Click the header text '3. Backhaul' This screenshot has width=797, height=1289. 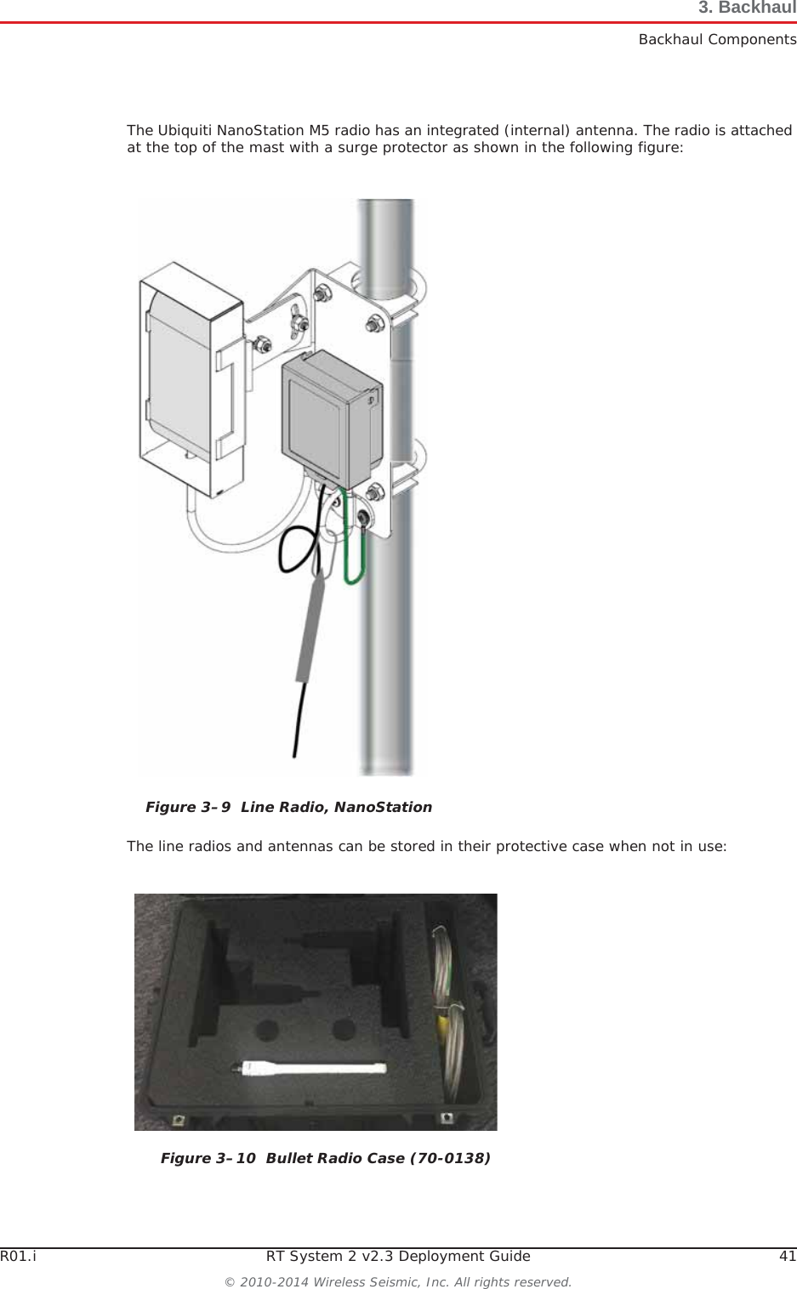pos(746,9)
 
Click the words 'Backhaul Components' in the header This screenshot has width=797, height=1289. pos(717,39)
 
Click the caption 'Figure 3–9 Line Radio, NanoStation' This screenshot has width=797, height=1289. pos(288,807)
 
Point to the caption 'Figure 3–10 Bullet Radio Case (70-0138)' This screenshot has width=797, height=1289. pos(325,1158)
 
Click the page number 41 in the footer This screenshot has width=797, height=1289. pos(788,1257)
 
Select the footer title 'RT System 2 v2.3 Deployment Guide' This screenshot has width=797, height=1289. pos(398,1257)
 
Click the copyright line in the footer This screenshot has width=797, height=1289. pos(398,1280)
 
